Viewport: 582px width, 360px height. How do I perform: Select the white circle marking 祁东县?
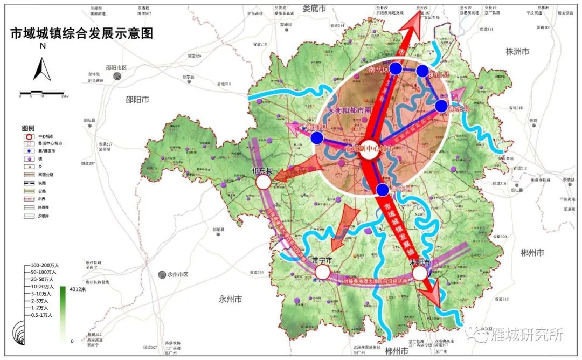click(x=263, y=182)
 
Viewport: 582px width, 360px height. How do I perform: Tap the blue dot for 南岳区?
click(x=396, y=68)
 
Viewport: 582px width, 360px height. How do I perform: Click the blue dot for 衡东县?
click(x=441, y=106)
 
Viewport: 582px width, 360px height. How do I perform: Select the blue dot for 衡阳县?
click(x=317, y=138)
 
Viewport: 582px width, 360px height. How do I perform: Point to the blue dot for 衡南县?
click(x=382, y=189)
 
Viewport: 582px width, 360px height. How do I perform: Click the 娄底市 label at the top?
click(x=315, y=9)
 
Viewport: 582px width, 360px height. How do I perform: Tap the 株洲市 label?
click(x=517, y=51)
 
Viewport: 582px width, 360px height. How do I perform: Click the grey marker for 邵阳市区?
click(x=117, y=77)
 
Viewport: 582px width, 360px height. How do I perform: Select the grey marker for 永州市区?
click(x=162, y=274)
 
